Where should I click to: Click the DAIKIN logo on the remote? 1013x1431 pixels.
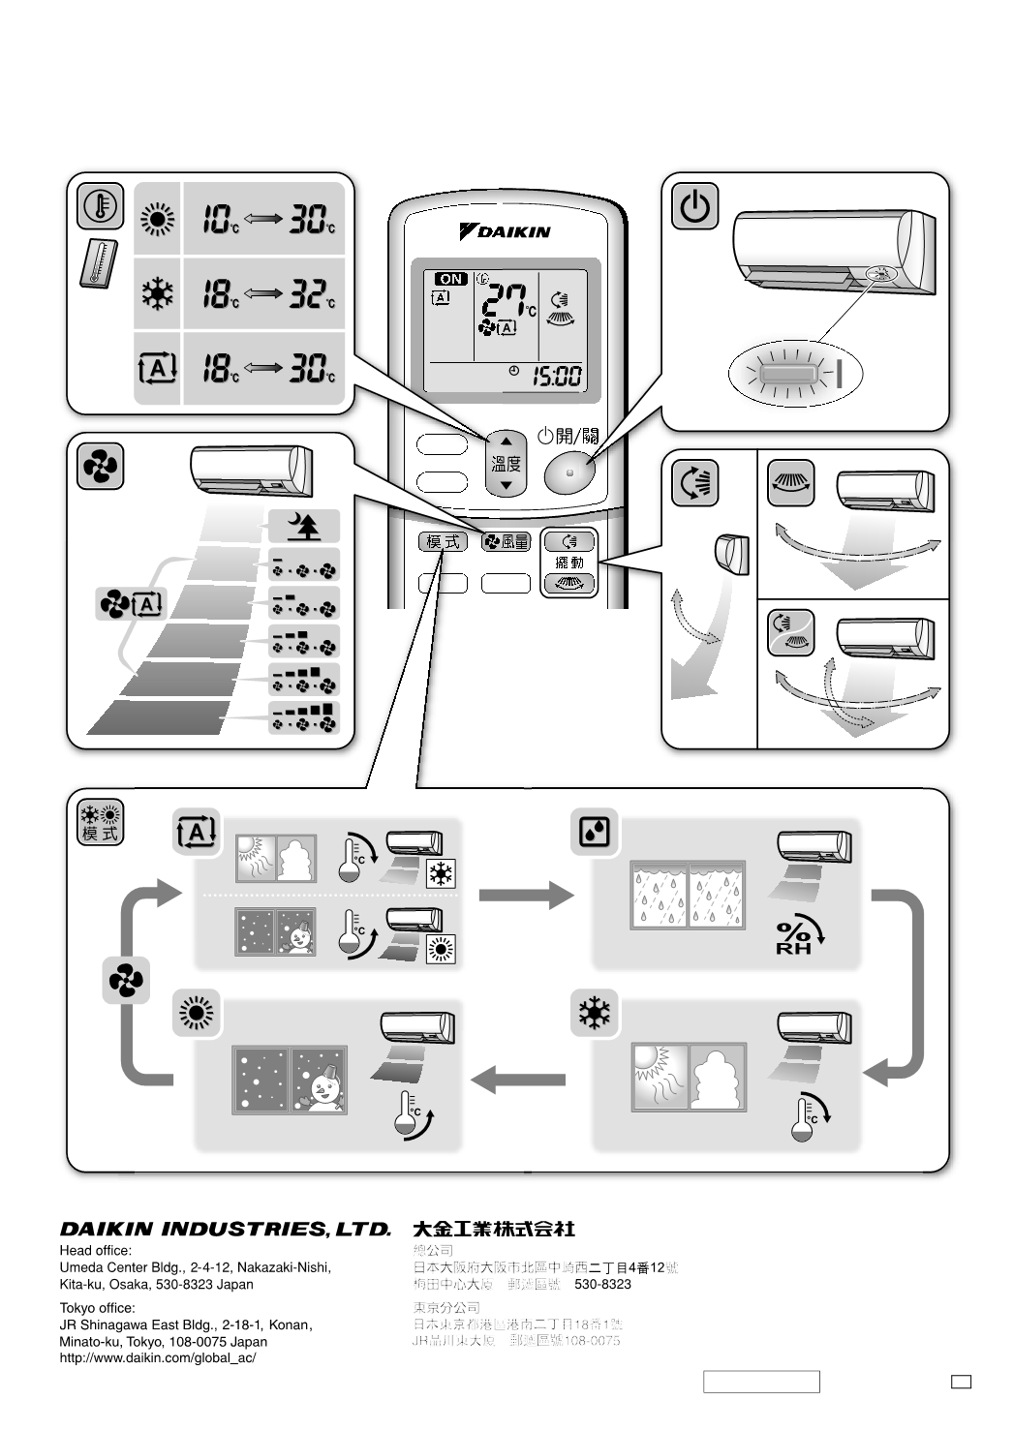(505, 232)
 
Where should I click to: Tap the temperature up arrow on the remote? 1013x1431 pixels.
(506, 441)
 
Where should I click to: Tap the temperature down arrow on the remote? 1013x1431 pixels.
(506, 484)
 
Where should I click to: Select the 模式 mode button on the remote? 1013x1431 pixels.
(443, 542)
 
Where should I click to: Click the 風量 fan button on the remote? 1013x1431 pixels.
(506, 542)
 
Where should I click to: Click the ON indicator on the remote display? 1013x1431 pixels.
(450, 279)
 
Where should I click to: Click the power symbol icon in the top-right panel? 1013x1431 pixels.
(695, 206)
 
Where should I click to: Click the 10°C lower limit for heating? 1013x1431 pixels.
(221, 220)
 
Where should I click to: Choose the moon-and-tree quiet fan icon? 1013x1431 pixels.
(305, 527)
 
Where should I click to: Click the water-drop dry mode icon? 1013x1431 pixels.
(594, 831)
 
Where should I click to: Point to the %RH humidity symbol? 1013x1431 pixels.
(798, 936)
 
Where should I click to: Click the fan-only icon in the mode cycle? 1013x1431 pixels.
(126, 981)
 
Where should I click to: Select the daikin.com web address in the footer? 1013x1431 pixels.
(158, 1358)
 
